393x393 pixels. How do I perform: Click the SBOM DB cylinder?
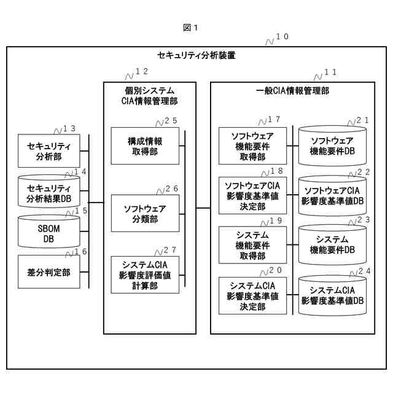point(49,234)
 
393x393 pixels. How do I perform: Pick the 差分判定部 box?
point(49,271)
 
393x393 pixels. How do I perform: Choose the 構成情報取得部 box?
point(145,146)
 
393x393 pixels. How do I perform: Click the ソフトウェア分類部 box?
point(145,213)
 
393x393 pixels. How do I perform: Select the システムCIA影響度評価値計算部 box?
point(145,274)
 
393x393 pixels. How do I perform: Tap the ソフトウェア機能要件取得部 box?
point(252,146)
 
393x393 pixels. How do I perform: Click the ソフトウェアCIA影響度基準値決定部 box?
point(252,195)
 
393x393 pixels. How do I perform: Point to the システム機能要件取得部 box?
point(252,244)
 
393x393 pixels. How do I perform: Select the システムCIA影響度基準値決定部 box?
point(252,295)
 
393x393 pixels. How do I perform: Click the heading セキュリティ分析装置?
point(196,55)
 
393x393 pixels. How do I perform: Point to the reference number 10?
point(282,37)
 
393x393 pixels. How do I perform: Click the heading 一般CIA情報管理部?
point(292,90)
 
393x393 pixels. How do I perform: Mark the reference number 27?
point(170,251)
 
